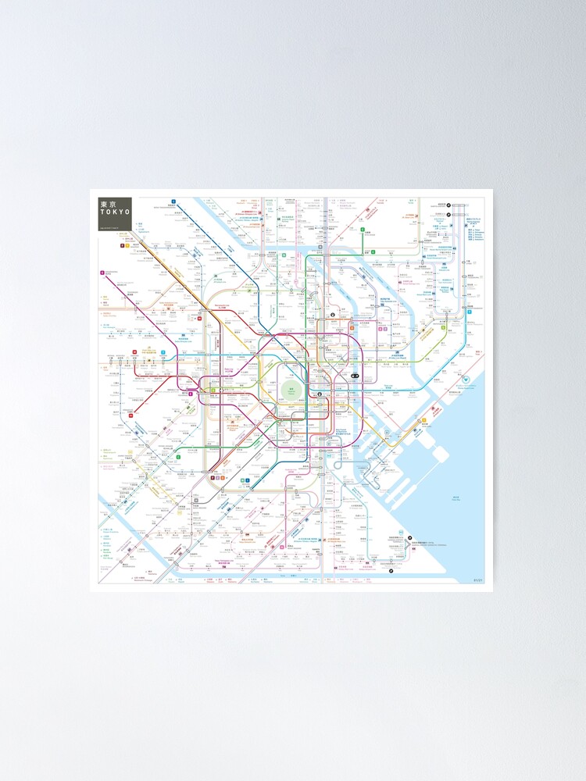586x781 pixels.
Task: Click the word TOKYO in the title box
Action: [114, 213]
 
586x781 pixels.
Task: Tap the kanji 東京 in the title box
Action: [108, 204]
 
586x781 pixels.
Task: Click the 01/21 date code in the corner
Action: [478, 580]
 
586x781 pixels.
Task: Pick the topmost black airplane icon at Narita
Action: [441, 205]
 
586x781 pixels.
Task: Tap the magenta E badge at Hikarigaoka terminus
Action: [102, 273]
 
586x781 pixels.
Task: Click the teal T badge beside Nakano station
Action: [163, 353]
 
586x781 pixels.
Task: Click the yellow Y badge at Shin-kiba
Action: [424, 420]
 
